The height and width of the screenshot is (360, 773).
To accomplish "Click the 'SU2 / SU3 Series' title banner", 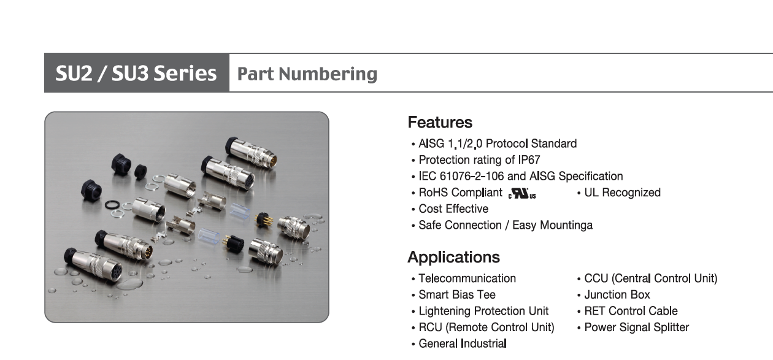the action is (136, 73).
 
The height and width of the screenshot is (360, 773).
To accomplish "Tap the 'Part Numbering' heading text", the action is (307, 74).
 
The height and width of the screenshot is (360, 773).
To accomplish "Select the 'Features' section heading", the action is (440, 123).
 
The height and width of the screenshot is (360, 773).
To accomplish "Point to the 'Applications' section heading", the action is (453, 257).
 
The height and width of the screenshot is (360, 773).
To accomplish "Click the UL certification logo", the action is (522, 193).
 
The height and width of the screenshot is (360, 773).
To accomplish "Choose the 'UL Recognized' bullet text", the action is (622, 193).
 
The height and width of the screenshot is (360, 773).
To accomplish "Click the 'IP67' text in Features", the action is (529, 160).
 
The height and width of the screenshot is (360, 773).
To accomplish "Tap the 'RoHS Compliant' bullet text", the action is (460, 193).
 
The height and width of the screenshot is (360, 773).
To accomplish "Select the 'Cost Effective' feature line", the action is (453, 209).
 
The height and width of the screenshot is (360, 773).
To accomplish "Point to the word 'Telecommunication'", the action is (467, 278).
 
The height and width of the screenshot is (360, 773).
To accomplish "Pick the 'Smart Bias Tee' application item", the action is (457, 294).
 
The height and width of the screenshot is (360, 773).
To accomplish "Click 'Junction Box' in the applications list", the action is (617, 294).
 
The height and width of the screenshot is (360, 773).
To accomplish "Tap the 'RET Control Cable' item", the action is (631, 311).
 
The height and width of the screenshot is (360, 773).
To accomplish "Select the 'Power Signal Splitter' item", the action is (636, 327).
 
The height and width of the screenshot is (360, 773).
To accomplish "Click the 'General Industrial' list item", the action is (463, 343).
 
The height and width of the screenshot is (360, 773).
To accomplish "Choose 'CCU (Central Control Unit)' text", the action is (651, 278).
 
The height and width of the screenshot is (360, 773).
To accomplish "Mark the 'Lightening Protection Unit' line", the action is (483, 311).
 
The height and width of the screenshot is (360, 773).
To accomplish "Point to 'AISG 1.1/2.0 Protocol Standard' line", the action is (498, 144).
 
